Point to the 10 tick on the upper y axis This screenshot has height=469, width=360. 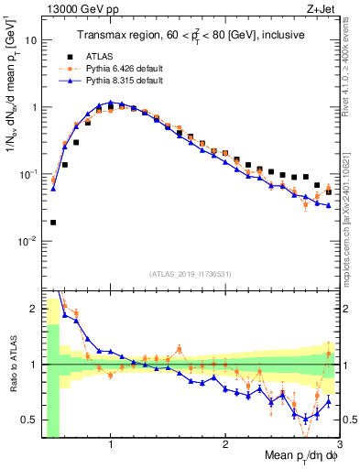tap(31, 40)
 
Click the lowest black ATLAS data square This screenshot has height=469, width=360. tap(53, 222)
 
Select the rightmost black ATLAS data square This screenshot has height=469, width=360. tap(329, 192)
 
